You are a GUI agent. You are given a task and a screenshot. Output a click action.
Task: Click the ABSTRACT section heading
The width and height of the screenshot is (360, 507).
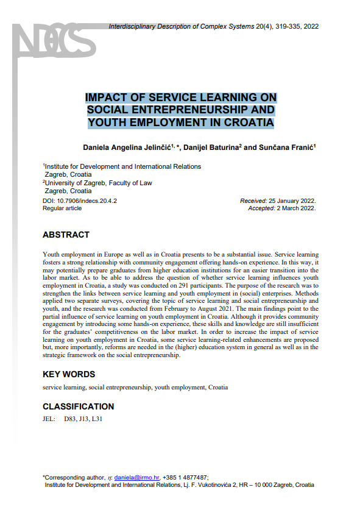[66, 235]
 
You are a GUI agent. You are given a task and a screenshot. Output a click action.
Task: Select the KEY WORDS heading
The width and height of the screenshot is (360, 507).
[69, 374]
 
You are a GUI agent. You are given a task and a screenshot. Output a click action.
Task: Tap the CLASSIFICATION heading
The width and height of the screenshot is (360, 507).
[78, 406]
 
